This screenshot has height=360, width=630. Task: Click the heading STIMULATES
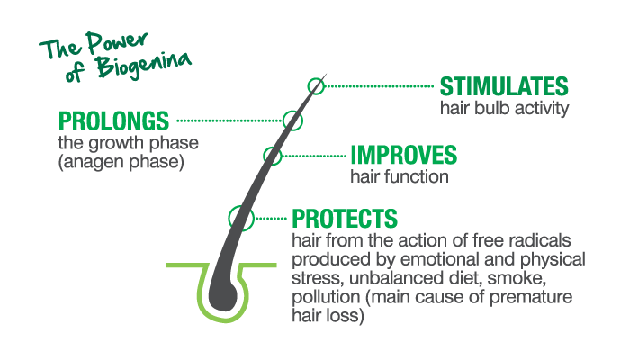click(x=504, y=87)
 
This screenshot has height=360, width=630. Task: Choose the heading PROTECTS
click(x=345, y=219)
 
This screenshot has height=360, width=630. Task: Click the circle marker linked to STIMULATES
click(x=315, y=86)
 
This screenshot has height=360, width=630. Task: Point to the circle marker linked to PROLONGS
click(x=291, y=120)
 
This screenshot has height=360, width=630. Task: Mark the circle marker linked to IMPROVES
click(x=273, y=156)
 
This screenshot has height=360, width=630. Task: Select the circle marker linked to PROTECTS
click(x=239, y=217)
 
